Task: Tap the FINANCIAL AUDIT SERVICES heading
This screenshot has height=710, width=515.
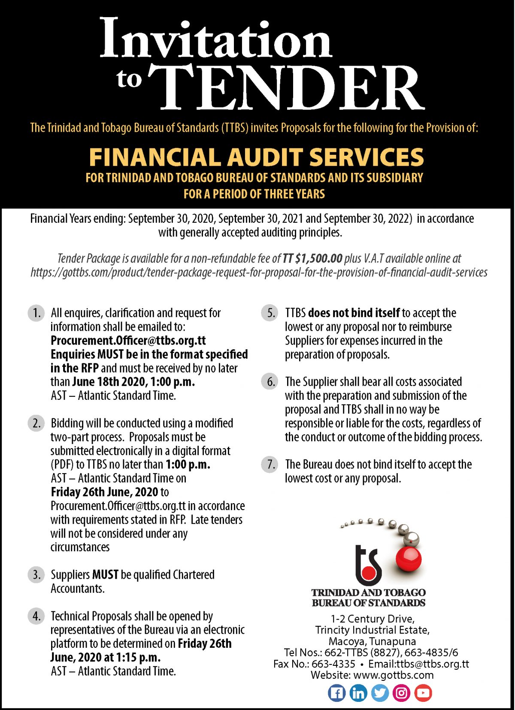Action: (x=256, y=157)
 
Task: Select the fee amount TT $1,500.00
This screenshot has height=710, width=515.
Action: (x=312, y=258)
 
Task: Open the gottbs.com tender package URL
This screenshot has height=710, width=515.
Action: (x=259, y=272)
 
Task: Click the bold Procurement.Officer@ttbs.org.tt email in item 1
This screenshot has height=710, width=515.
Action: (x=128, y=341)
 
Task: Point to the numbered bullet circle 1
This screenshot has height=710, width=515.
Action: (x=36, y=313)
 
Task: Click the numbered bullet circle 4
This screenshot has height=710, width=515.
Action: (x=36, y=616)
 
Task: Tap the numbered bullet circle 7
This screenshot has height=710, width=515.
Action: (x=270, y=464)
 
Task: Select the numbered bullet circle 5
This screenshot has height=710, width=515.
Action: (x=270, y=313)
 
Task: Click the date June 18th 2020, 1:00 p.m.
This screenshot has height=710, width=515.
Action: (x=133, y=382)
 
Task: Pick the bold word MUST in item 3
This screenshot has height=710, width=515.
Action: (x=105, y=574)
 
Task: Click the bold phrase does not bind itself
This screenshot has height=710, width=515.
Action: (x=354, y=313)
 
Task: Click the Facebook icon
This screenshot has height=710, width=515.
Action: (x=337, y=693)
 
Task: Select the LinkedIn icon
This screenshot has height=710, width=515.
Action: (x=358, y=693)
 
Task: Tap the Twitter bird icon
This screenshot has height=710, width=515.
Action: (x=380, y=693)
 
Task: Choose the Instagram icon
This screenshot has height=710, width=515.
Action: (x=401, y=693)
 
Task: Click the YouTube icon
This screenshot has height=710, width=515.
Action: (x=423, y=693)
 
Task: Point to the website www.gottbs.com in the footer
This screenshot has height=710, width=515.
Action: (x=394, y=675)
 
